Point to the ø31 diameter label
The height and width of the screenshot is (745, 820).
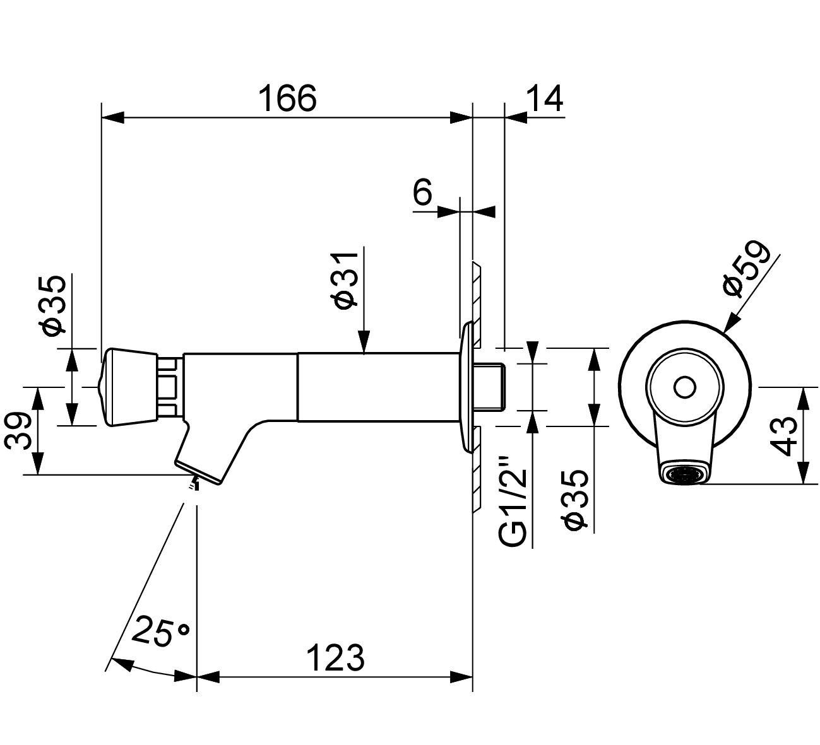345,278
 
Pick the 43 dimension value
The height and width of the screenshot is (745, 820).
783,435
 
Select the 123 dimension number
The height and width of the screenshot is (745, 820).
335,658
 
